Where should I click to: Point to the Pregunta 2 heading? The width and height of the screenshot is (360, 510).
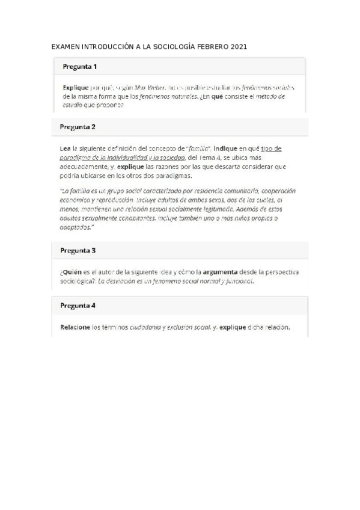tap(78, 127)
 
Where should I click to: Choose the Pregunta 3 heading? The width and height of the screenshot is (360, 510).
tap(78, 250)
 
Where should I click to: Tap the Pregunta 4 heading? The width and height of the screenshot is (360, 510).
tap(78, 305)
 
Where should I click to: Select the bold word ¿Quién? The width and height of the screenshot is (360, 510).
tap(70, 272)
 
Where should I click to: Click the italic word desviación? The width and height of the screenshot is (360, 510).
tap(124, 281)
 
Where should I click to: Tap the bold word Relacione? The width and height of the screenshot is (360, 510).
tap(76, 327)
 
